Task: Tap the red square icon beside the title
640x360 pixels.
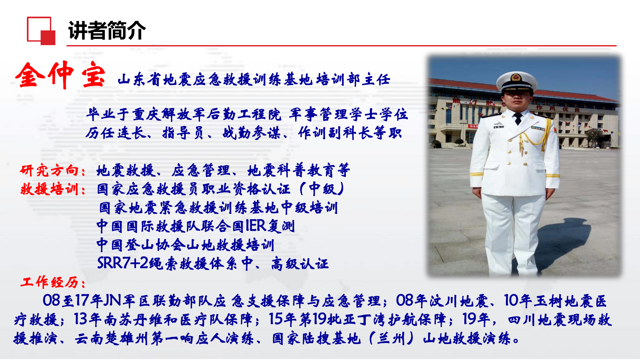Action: click(x=41, y=31)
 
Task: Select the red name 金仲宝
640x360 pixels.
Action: click(x=60, y=75)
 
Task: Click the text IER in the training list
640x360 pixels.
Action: click(x=256, y=226)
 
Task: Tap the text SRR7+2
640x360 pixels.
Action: click(x=123, y=263)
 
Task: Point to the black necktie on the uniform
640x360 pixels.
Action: click(x=517, y=119)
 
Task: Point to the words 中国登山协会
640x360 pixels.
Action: click(x=140, y=245)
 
